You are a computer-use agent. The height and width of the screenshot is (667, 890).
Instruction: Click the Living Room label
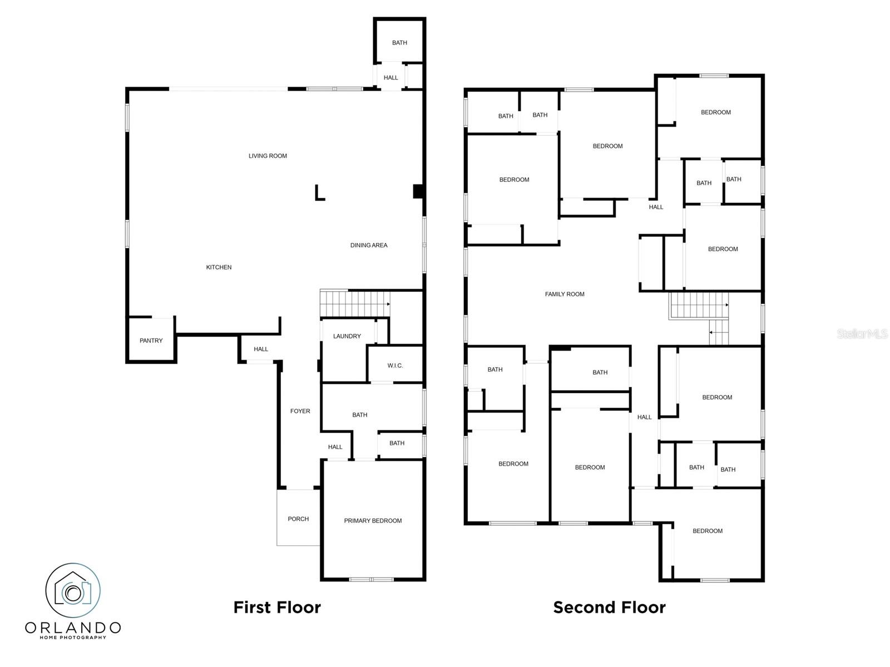tap(268, 156)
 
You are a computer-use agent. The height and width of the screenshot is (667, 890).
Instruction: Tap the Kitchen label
tap(219, 267)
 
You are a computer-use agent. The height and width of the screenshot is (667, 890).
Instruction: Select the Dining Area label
tap(369, 246)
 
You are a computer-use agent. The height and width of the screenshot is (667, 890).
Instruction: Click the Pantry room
tap(151, 340)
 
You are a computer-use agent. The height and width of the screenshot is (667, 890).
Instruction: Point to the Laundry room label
tap(347, 336)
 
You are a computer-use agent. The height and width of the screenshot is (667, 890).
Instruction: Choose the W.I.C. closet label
tap(395, 366)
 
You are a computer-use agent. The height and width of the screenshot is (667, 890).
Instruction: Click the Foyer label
tap(300, 411)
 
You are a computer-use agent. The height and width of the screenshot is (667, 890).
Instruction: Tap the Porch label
tap(298, 519)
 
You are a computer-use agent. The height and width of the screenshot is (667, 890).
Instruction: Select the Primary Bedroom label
tap(373, 521)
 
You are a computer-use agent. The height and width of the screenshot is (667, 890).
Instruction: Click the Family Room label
tap(565, 295)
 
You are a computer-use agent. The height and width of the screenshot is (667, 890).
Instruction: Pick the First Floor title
tap(277, 608)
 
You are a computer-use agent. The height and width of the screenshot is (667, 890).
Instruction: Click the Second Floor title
tap(609, 608)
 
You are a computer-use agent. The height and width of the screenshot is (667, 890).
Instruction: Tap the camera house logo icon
tap(73, 590)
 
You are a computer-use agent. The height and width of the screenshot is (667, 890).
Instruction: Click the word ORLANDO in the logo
tap(73, 628)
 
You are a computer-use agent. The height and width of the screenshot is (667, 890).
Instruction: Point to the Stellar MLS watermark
tap(862, 333)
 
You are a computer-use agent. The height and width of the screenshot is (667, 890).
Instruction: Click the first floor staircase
tap(355, 303)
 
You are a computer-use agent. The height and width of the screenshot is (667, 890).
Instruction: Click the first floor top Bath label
tap(399, 43)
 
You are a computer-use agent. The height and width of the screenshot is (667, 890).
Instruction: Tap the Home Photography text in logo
tap(73, 638)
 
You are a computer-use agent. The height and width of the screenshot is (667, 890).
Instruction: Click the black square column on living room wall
tap(418, 191)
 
